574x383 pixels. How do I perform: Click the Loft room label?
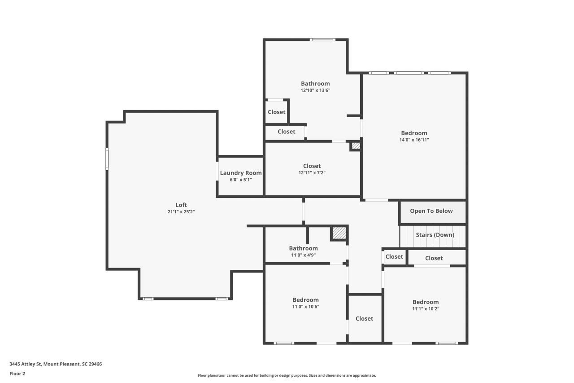pos(181,205)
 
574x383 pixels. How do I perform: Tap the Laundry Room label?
pos(240,173)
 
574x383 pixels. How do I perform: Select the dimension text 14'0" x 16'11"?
pos(414,140)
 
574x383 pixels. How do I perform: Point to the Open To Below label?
pos(431,211)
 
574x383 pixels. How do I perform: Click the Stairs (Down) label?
pos(435,235)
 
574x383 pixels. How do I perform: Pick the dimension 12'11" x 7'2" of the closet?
pos(312,173)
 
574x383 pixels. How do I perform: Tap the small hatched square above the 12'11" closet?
pos(356,146)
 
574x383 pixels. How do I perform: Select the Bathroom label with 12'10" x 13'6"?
pos(315,84)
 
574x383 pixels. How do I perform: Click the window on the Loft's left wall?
pos(107,159)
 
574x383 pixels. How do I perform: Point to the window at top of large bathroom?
pos(322,40)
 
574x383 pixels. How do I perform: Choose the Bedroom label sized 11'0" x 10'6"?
pos(305,300)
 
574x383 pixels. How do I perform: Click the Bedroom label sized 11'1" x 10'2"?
pos(426,302)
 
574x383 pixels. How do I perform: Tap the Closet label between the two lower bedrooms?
pos(364,318)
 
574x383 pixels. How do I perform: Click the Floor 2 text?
pos(17,373)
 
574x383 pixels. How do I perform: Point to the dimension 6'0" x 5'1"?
pos(240,180)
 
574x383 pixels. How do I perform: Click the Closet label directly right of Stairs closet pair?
pos(434,258)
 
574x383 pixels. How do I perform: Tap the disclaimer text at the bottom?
pos(287,375)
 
